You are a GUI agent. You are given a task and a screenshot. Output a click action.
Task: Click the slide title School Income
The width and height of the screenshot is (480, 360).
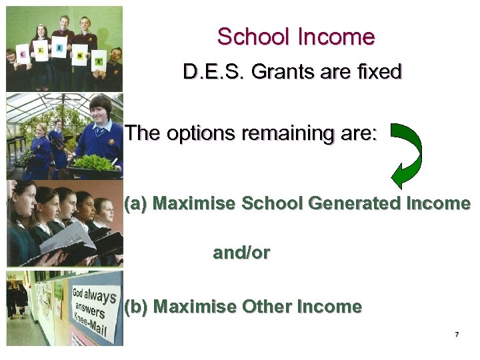296,37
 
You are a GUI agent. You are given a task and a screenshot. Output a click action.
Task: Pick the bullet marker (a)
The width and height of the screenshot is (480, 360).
137,203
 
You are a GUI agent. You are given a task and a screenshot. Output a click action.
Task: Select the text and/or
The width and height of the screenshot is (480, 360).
241,253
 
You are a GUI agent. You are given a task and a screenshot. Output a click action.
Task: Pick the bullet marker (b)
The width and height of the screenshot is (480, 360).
137,307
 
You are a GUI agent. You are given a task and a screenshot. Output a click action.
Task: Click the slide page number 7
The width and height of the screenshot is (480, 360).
457,334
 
